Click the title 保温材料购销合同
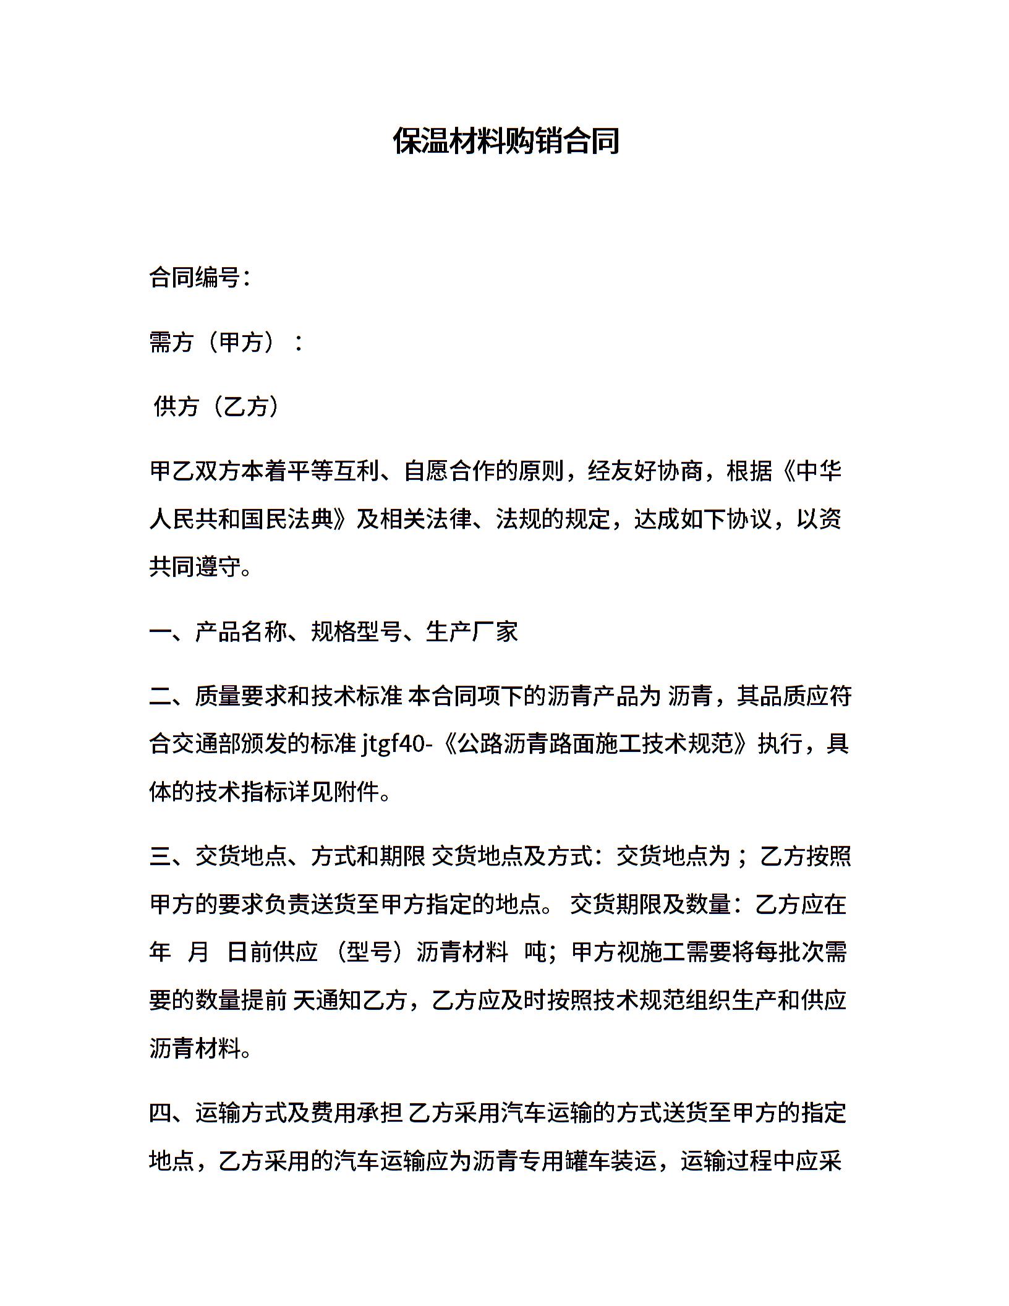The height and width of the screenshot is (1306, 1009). (x=506, y=141)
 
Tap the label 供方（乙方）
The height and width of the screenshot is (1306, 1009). (x=217, y=406)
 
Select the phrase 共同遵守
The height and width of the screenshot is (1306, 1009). (x=195, y=566)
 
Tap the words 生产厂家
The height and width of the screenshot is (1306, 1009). (x=472, y=631)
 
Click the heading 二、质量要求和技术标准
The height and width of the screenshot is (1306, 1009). (x=276, y=696)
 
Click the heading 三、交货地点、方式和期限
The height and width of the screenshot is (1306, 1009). (x=287, y=856)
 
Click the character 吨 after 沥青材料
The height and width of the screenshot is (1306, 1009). (x=535, y=952)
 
